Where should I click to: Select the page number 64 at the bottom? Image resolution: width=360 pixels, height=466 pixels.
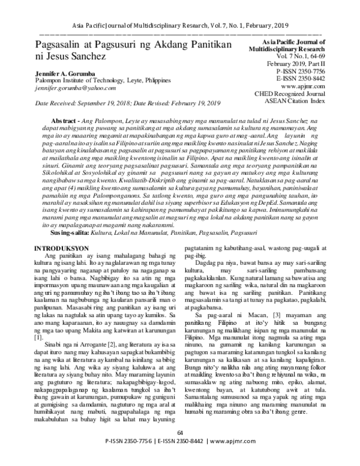(x=179, y=450)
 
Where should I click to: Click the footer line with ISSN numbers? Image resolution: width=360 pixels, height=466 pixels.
(x=179, y=458)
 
